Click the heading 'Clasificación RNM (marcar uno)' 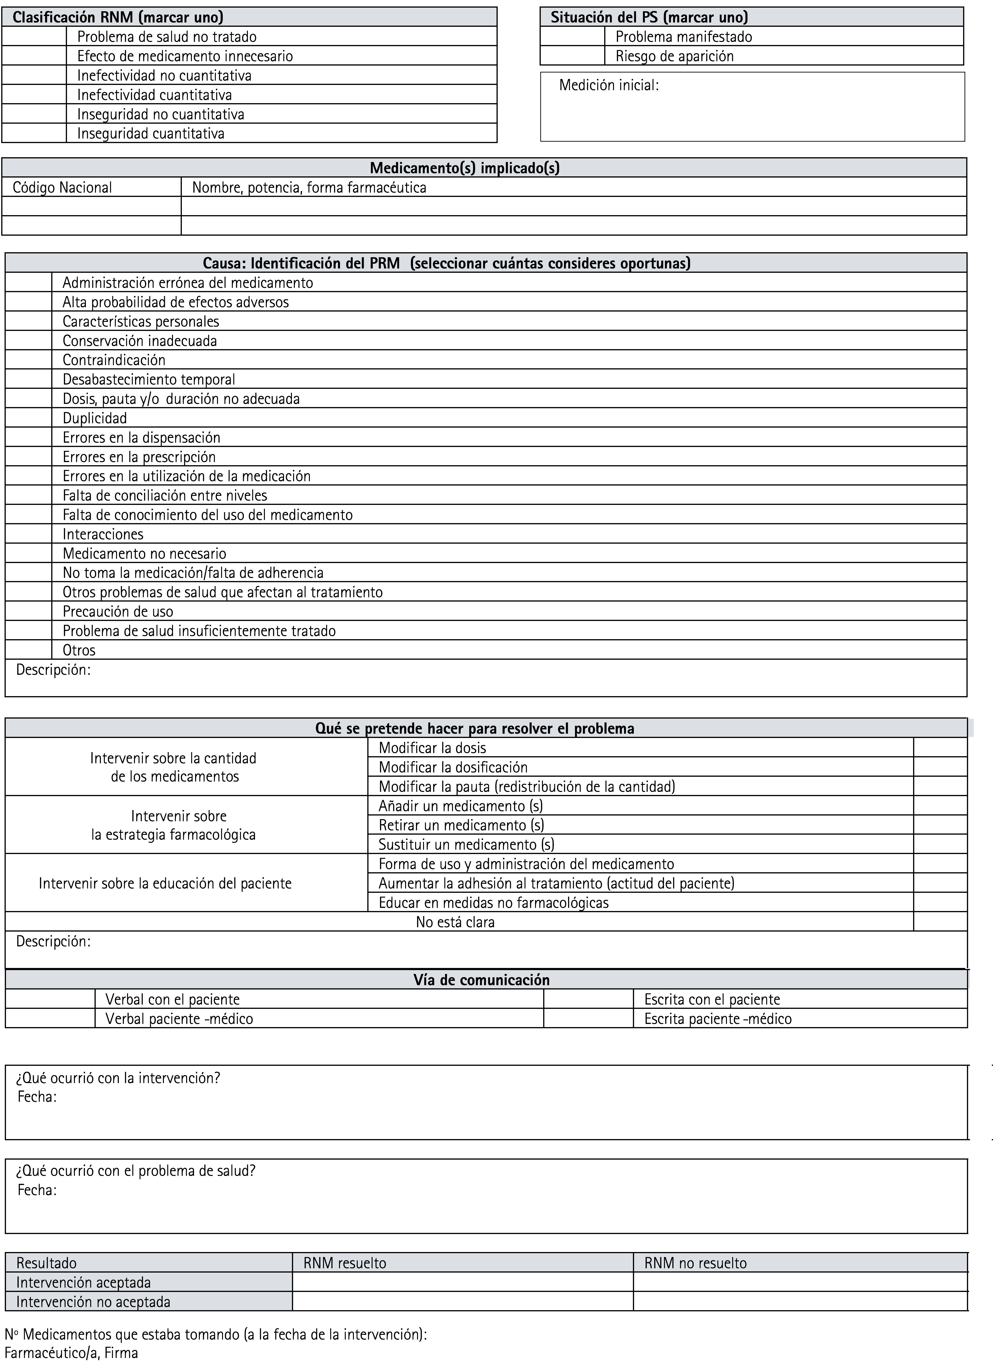118,17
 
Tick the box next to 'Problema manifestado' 572,37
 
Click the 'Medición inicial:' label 609,85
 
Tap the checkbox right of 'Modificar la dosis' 940,748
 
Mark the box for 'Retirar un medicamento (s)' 940,825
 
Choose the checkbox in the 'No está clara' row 940,922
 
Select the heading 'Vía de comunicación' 481,980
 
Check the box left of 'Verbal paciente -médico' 50,1019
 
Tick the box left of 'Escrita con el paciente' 588,1000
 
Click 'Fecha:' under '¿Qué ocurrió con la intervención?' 37,1097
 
